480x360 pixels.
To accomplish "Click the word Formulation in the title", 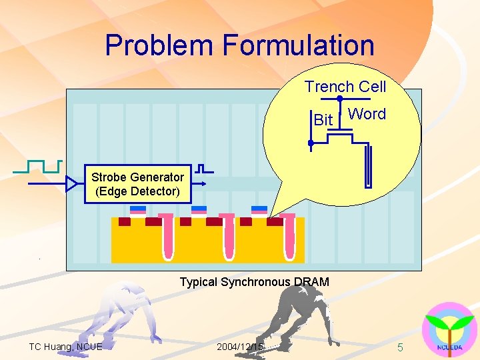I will [x=299, y=45].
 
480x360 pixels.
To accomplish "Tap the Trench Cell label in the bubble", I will [x=345, y=87].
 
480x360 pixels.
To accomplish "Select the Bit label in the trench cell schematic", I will [x=323, y=120].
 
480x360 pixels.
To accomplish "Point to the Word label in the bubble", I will [x=367, y=114].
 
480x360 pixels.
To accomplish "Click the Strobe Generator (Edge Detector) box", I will [x=137, y=184].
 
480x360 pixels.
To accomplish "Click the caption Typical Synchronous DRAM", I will [x=254, y=282].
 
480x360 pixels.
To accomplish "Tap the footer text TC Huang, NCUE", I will [x=65, y=347].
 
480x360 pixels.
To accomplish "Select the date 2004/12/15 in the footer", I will [x=240, y=347].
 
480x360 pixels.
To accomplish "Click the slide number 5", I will [x=400, y=347].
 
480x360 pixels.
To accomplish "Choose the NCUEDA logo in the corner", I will [x=449, y=330].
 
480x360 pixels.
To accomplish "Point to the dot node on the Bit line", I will [x=310, y=143].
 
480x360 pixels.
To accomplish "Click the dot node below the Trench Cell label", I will [x=339, y=99].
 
